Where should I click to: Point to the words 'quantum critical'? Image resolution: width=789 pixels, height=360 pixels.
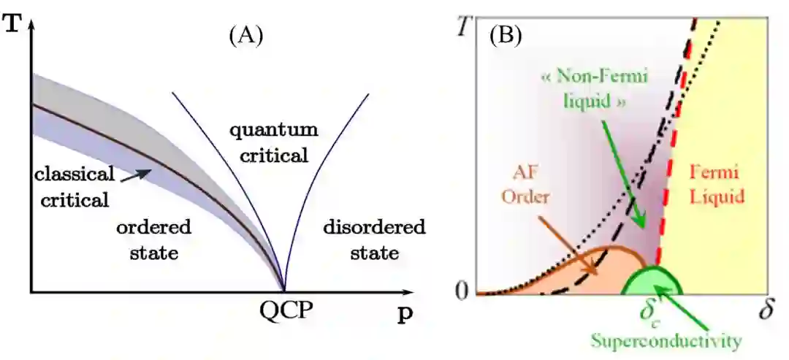[273, 142]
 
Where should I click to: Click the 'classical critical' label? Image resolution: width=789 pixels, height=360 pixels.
[74, 186]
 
